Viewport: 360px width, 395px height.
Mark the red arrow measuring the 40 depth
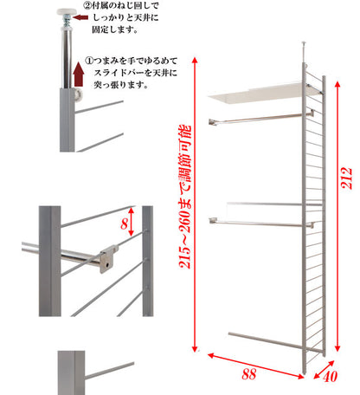point(317,366)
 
